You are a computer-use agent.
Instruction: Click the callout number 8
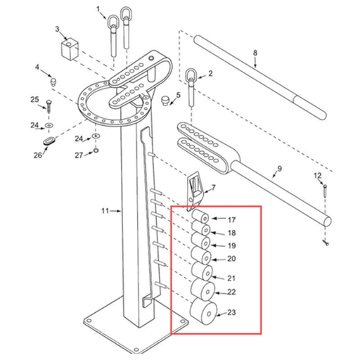[255, 53]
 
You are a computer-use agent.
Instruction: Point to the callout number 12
[317, 175]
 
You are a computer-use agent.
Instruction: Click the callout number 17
[231, 220]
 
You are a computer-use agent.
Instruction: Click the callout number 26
[37, 155]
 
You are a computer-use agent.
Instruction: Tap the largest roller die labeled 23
[202, 311]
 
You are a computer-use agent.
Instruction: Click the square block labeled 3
[67, 49]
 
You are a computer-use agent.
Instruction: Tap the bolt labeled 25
[49, 108]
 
